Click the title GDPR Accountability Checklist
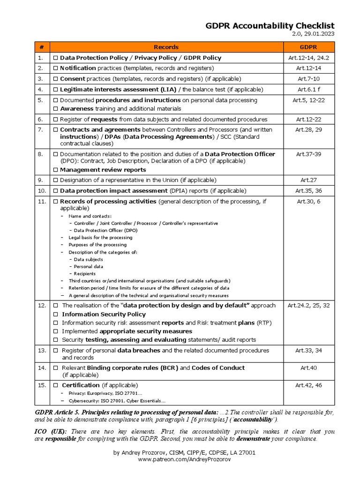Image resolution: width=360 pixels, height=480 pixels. tap(270, 26)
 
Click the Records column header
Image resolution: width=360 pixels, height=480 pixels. tap(166, 47)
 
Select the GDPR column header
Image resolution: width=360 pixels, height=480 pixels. tap(308, 47)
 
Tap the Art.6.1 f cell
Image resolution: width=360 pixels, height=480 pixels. tap(308, 89)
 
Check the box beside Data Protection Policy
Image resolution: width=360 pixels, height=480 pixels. tap(55, 58)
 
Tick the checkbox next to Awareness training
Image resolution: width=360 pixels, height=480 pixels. tap(55, 109)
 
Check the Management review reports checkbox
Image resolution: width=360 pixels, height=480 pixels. tap(55, 170)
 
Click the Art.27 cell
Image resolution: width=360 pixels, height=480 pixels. tap(308, 180)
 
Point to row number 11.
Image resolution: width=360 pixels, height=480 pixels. tap(42, 202)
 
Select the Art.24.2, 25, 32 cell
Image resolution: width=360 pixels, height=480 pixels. tap(308, 306)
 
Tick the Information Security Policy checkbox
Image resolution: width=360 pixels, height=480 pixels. tap(55, 315)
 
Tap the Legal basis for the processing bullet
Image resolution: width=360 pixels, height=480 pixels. tap(100, 238)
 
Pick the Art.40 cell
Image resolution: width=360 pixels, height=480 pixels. tap(308, 368)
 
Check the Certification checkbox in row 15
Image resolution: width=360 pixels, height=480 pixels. tap(55, 385)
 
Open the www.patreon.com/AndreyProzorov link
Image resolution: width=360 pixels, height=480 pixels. tap(184, 460)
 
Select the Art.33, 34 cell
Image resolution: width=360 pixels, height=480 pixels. tap(308, 351)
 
